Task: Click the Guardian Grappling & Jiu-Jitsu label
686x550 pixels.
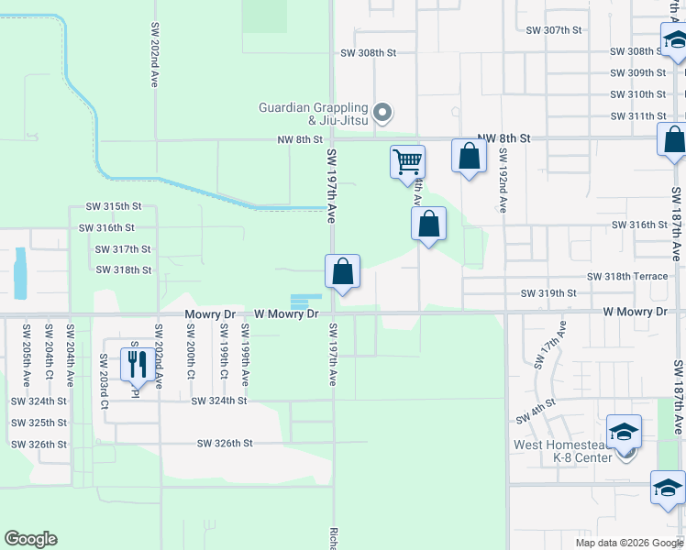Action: [x=313, y=114]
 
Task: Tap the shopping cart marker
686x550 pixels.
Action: [x=407, y=162]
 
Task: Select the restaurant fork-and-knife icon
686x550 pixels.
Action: [x=138, y=364]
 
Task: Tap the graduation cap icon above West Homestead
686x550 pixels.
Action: [x=624, y=431]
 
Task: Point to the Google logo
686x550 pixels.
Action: [x=30, y=539]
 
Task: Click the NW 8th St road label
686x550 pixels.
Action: [x=301, y=139]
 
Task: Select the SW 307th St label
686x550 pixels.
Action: [x=554, y=30]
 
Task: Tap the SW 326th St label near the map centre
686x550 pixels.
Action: [x=225, y=444]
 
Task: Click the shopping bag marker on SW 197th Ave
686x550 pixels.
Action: [x=342, y=271]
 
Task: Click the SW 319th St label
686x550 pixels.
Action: [x=548, y=293]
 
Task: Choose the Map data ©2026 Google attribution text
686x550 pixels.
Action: [x=628, y=543]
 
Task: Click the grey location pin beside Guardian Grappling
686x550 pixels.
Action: [x=384, y=114]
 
